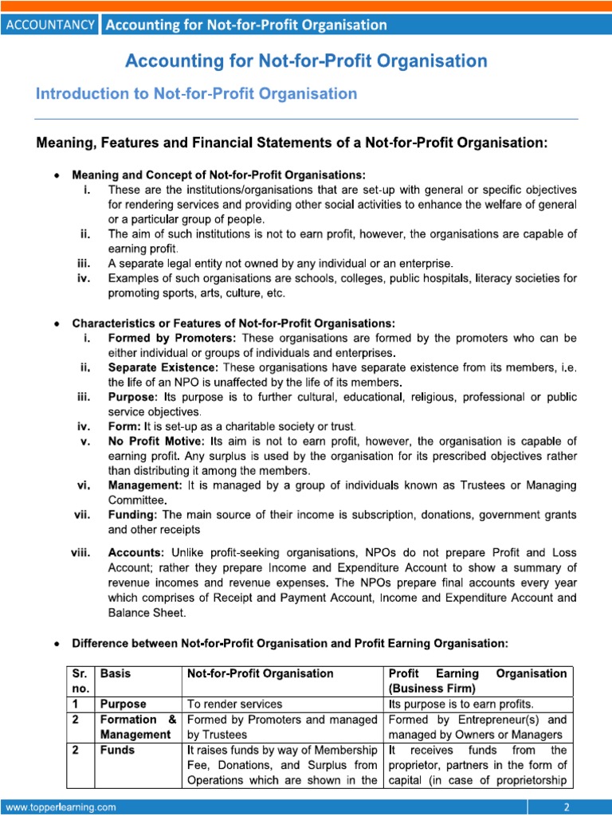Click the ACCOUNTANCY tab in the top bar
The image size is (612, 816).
pos(50,25)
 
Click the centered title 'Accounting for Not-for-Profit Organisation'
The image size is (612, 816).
pos(305,61)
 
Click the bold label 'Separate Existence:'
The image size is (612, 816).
pos(163,367)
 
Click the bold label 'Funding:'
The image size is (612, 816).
pos(133,515)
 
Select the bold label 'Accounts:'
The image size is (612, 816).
pos(137,551)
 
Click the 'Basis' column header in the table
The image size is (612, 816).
pos(117,673)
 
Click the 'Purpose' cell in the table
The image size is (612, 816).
pos(124,704)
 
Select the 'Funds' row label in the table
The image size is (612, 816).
pos(117,750)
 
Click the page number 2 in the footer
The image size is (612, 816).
pos(567,807)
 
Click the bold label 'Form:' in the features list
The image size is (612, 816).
pos(124,426)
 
